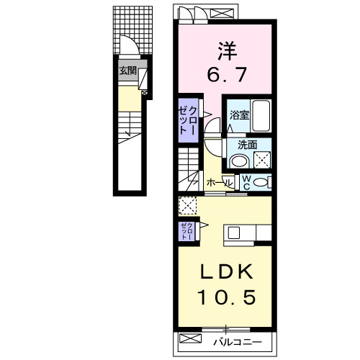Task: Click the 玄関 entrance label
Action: click(x=127, y=71)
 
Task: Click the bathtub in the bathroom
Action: click(x=261, y=114)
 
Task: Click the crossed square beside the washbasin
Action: click(x=262, y=160)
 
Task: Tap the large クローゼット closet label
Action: click(x=187, y=120)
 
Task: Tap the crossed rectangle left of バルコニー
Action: click(x=190, y=338)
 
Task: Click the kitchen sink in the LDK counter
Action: click(x=234, y=233)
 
